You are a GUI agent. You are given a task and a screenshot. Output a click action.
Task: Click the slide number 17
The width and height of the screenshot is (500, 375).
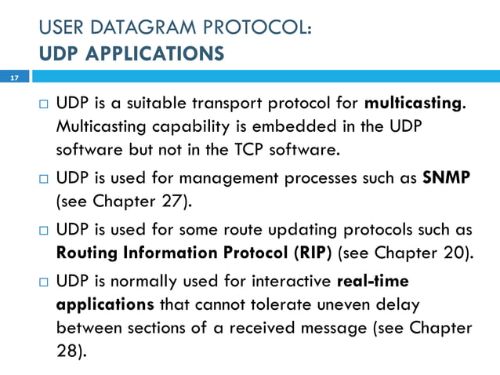pyautogui.click(x=13, y=78)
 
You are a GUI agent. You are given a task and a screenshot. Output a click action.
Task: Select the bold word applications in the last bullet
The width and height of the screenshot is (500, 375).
pyautogui.click(x=105, y=304)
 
